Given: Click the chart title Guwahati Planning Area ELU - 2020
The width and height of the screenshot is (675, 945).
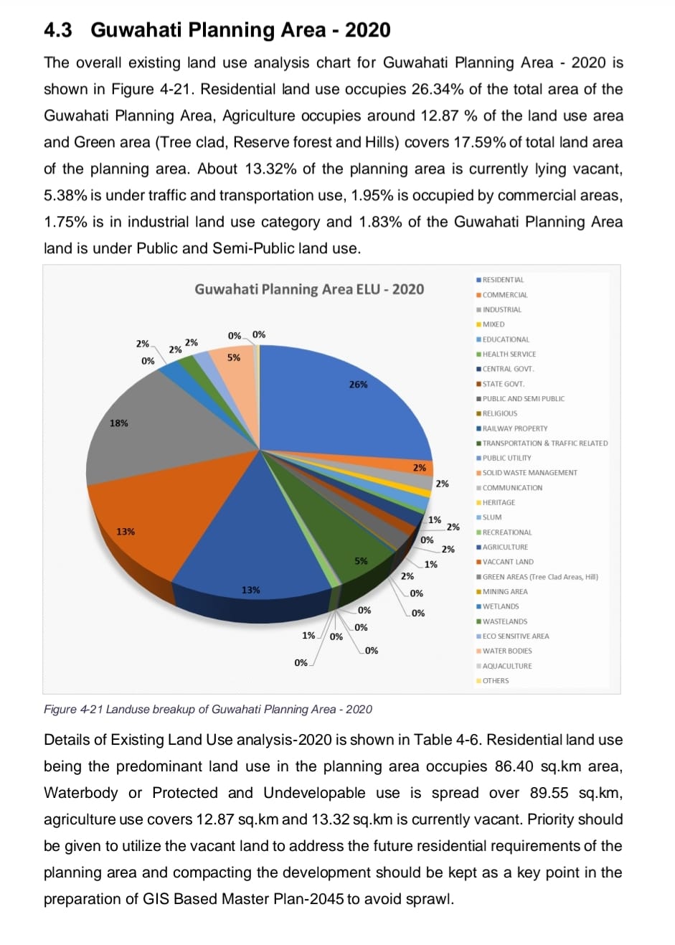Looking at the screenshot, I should tap(309, 289).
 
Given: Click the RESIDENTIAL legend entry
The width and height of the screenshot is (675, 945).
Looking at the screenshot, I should tap(503, 280).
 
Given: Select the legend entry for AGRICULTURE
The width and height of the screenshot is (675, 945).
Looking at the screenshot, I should tap(505, 547).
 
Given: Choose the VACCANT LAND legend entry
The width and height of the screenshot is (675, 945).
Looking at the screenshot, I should tap(508, 562).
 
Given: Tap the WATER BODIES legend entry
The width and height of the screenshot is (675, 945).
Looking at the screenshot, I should tap(507, 651).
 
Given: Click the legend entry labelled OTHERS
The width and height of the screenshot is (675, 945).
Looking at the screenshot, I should tap(496, 680).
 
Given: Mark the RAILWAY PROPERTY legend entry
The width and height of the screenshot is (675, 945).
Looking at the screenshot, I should tap(514, 428).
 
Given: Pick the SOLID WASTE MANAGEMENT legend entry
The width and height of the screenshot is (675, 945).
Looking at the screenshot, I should tap(529, 473).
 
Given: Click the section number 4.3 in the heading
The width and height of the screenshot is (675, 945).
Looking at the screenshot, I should tap(58, 30).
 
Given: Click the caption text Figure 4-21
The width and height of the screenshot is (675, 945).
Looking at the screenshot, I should tap(73, 710).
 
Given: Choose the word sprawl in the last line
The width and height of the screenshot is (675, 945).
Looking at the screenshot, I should tap(430, 899).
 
